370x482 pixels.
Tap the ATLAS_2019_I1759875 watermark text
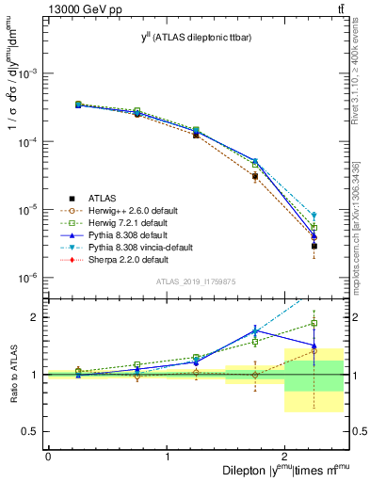point(195,280)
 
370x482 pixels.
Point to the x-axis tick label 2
point(285,457)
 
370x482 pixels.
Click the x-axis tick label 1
point(167,457)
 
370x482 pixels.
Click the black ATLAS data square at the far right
point(314,246)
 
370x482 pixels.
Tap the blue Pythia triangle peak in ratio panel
point(255,330)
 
